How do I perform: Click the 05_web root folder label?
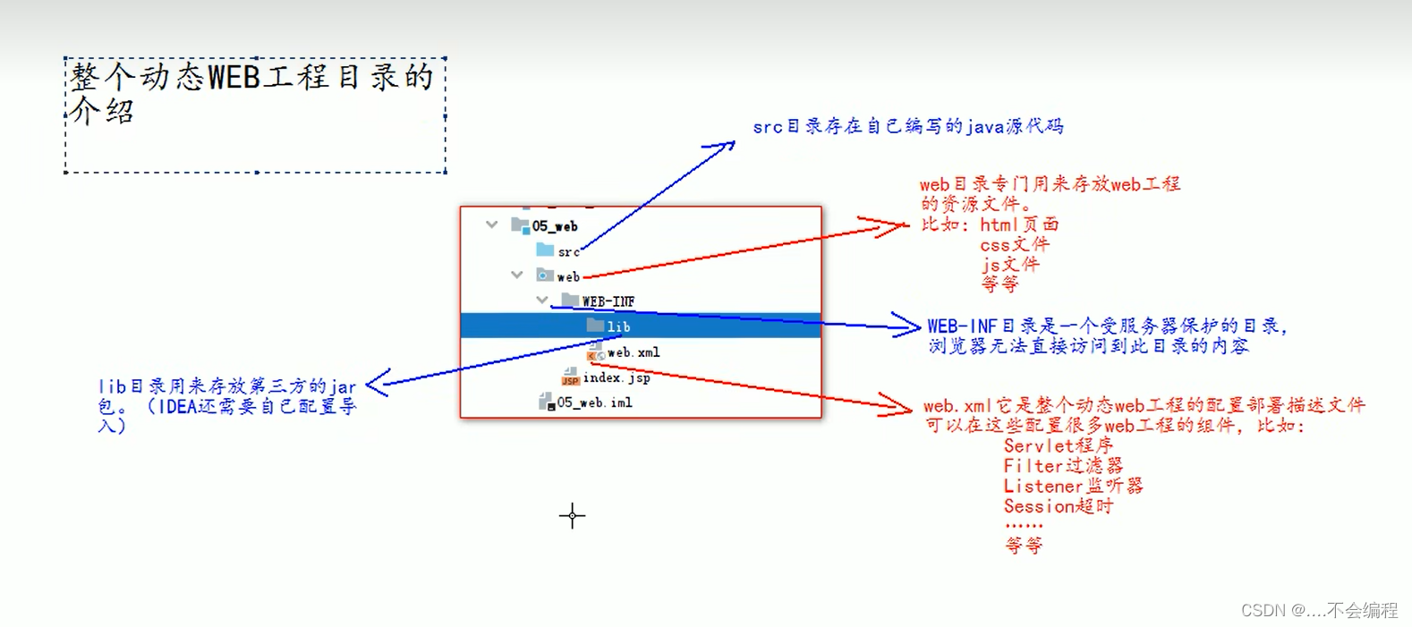554,226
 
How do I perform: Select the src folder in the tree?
568,252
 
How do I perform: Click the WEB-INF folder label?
608,301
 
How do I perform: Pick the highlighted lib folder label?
618,326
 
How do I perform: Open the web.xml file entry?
634,352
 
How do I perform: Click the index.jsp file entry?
617,377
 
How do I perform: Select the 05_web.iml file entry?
594,402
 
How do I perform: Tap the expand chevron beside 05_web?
492,225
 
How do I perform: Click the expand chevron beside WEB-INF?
542,300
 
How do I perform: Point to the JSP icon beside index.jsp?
570,378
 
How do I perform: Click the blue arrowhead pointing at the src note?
727,146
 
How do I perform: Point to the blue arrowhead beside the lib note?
376,383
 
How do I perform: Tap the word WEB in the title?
234,78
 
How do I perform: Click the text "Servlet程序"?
1059,445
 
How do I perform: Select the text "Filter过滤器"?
1063,466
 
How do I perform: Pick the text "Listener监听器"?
1073,487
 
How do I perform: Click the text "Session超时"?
1059,506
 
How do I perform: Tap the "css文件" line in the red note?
1015,244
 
